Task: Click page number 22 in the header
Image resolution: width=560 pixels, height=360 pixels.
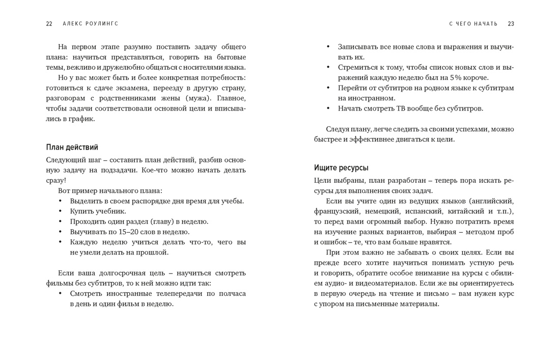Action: pos(49,24)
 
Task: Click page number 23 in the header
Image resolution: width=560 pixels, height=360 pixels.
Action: pos(511,24)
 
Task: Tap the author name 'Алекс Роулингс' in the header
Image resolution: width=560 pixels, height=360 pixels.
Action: pos(90,24)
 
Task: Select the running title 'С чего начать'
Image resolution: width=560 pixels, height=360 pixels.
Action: pos(473,24)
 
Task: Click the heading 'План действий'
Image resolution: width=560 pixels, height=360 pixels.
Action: pos(72,148)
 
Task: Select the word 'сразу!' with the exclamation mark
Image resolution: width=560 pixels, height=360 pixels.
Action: pos(56,180)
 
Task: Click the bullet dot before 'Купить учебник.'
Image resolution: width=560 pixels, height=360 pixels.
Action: pos(61,211)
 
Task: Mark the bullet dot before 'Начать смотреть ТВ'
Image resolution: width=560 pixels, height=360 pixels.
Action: pos(328,108)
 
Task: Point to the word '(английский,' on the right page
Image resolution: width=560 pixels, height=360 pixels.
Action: pos(491,201)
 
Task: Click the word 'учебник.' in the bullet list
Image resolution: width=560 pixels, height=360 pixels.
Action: pos(111,211)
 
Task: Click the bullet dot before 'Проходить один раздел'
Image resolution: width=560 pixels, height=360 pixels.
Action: pos(61,221)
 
